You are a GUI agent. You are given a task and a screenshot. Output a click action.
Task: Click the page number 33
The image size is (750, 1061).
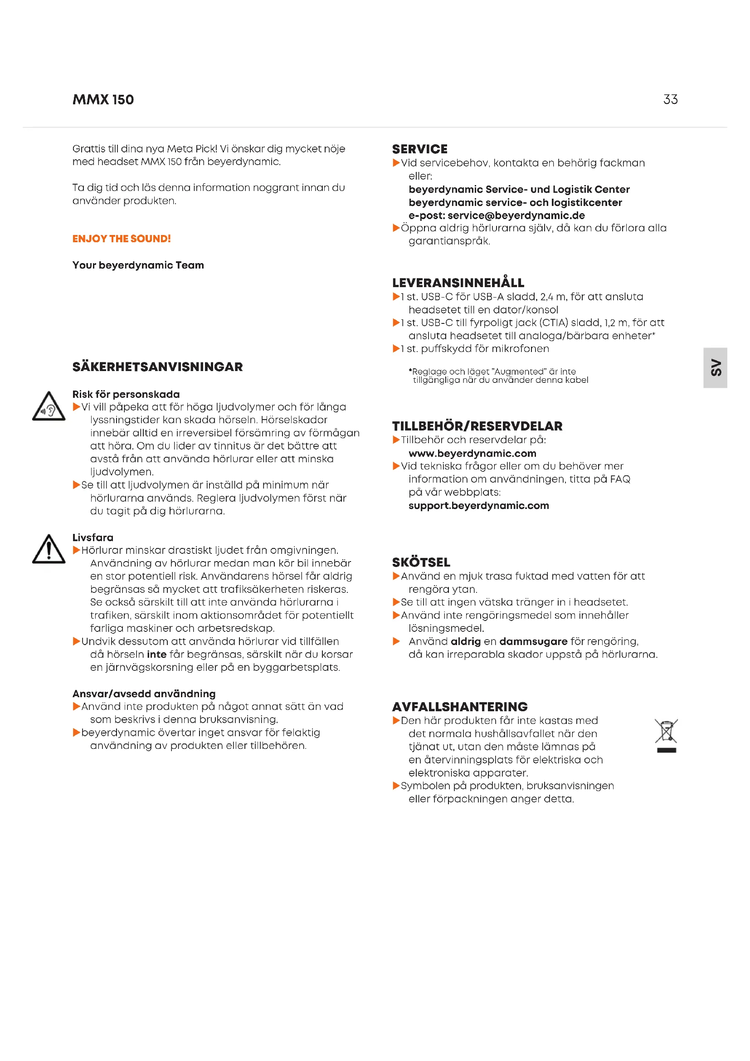pos(670,99)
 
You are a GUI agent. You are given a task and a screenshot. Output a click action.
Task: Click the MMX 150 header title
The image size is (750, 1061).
pos(103,100)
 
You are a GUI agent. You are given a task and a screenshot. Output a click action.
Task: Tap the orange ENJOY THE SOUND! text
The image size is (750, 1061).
pos(122,239)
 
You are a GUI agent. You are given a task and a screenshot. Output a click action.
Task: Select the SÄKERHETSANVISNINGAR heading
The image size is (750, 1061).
pos(157,367)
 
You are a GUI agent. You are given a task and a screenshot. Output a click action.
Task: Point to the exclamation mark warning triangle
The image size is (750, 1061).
pos(49,550)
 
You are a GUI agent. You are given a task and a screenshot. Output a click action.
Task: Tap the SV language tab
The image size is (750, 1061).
pos(716,368)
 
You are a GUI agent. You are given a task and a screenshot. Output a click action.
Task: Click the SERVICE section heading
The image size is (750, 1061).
pos(420,149)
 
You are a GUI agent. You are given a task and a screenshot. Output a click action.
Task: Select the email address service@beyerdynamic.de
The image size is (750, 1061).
pos(516,215)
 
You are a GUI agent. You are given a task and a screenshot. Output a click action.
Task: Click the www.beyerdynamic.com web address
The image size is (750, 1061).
pos(472,453)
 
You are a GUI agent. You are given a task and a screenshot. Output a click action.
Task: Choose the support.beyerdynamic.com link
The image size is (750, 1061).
pos(478,505)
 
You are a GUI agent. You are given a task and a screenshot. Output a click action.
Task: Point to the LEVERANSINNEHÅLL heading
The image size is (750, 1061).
pos(458,283)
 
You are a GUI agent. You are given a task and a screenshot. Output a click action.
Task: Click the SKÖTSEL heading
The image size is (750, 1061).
pos(421,562)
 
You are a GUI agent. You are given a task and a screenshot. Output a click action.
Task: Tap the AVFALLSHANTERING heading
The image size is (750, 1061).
pos(459,707)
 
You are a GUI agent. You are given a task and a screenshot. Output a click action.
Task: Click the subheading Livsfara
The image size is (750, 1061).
pos(93,538)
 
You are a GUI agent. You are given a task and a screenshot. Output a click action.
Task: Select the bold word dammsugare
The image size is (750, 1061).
pos(533,641)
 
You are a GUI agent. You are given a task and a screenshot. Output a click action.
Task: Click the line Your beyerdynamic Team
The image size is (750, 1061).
pos(138,265)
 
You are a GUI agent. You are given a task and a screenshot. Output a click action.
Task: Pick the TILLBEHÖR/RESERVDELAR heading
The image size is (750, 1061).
pos(477,426)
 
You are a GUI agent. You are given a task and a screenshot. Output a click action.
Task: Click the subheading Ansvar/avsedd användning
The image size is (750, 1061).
pos(144,694)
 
